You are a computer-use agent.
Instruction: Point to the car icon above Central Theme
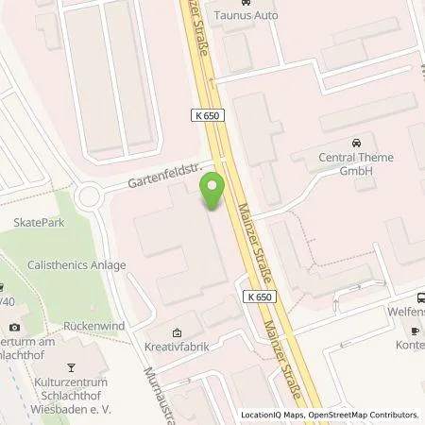pos(356,144)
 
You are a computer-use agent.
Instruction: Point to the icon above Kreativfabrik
pos(177,332)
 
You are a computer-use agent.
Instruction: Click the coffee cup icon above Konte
pos(415,330)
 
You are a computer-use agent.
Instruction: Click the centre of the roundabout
pos(90,196)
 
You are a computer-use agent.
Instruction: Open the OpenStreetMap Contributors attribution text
pos(365,415)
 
